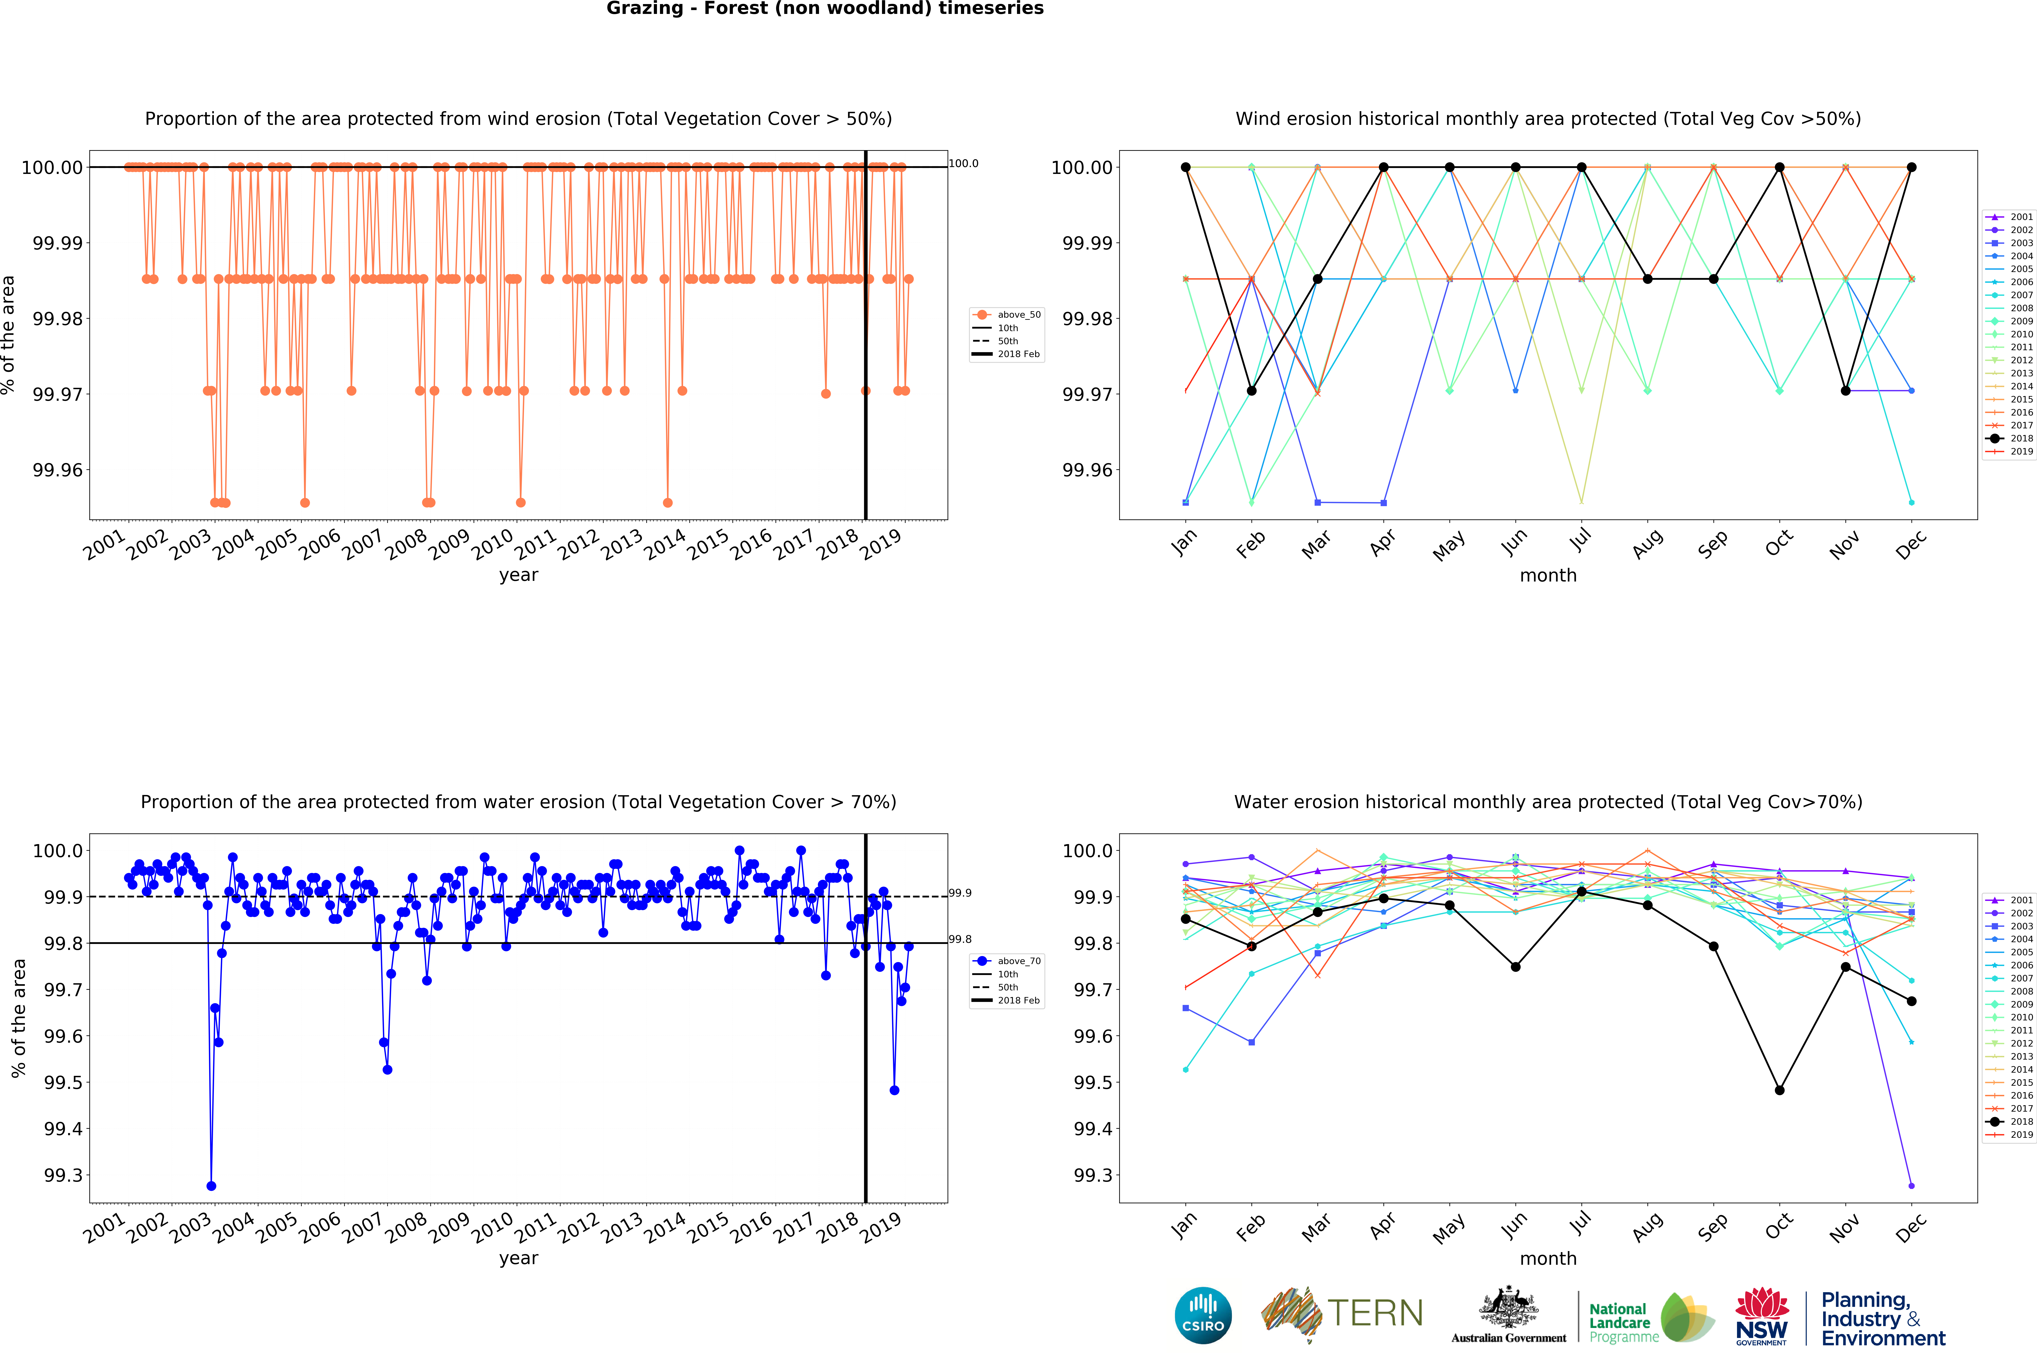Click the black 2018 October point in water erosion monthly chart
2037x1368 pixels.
[1780, 1090]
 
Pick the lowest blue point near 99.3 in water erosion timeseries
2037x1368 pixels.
[211, 1186]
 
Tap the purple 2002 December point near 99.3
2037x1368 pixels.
[1911, 1186]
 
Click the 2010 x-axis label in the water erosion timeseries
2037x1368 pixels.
[492, 1227]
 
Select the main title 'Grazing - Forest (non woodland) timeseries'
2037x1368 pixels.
[825, 9]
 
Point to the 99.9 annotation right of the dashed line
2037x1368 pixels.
[960, 893]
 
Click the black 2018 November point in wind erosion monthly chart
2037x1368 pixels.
[1845, 391]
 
